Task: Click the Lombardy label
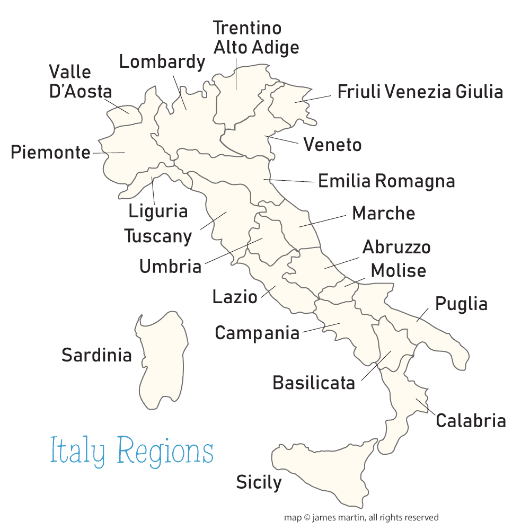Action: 162,62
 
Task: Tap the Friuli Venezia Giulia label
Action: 420,92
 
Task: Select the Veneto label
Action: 332,145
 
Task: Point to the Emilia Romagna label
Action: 386,181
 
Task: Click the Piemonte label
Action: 51,153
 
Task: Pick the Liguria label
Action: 158,211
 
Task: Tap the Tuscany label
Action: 158,236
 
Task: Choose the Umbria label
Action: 170,267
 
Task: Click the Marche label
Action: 383,213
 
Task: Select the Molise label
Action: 398,270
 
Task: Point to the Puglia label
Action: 461,304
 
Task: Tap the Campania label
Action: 257,333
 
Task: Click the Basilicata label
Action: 313,382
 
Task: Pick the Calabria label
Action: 470,421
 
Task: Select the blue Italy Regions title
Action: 131,452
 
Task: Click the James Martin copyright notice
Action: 361,517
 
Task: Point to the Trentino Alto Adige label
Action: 255,37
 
